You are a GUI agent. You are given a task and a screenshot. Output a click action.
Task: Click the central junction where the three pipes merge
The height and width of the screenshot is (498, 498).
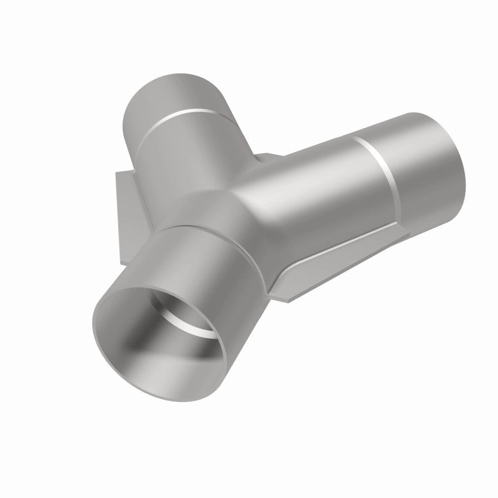tap(249, 187)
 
